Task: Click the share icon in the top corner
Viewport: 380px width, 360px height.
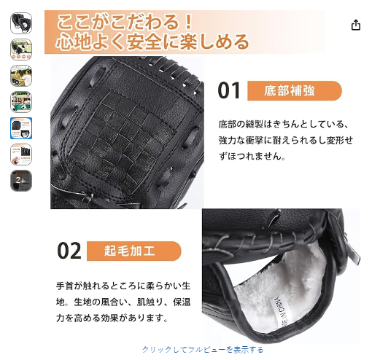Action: pyautogui.click(x=356, y=25)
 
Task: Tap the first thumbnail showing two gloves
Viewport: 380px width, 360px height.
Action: pyautogui.click(x=21, y=23)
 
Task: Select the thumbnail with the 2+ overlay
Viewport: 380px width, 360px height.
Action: pyautogui.click(x=21, y=181)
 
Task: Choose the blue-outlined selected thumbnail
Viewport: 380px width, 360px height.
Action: pyautogui.click(x=21, y=128)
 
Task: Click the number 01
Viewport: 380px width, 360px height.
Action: pyautogui.click(x=229, y=90)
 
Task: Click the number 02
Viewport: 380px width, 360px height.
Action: pyautogui.click(x=69, y=251)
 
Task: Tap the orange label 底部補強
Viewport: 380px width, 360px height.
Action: pyautogui.click(x=295, y=90)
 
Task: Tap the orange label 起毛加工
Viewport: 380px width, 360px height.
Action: pyautogui.click(x=134, y=251)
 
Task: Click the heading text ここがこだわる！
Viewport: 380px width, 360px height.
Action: pyautogui.click(x=125, y=22)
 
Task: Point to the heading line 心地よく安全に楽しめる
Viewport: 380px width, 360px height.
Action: pyautogui.click(x=152, y=42)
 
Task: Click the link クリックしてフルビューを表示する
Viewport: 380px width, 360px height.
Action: pyautogui.click(x=203, y=350)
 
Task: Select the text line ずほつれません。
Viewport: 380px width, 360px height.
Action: pyautogui.click(x=252, y=156)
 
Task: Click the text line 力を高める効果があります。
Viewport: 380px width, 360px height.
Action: pyautogui.click(x=112, y=318)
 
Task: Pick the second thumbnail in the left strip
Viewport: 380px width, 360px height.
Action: pyautogui.click(x=21, y=50)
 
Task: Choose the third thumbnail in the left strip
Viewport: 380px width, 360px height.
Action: pyautogui.click(x=21, y=76)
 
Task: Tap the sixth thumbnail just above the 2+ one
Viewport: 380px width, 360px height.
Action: pyautogui.click(x=21, y=154)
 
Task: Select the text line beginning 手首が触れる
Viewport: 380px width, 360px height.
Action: pyautogui.click(x=123, y=286)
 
